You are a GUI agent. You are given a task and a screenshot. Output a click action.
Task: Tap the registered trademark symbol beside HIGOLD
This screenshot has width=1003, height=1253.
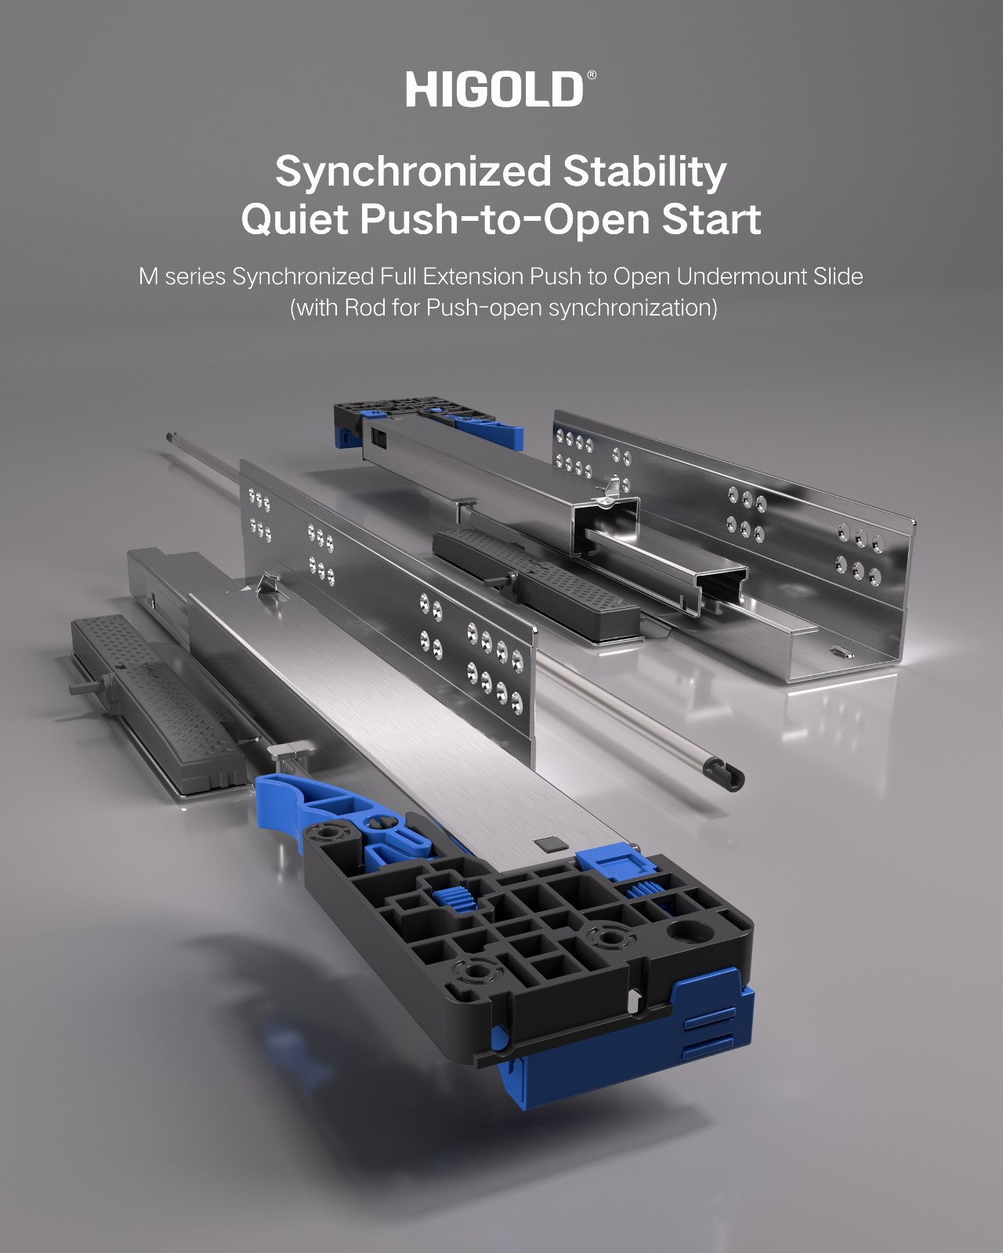592,75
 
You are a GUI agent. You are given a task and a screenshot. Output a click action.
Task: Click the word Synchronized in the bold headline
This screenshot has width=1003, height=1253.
413,172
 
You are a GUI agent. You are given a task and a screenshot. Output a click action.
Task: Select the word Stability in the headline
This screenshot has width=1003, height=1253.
645,172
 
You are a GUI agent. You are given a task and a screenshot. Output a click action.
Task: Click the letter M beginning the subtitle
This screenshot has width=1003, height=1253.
148,276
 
